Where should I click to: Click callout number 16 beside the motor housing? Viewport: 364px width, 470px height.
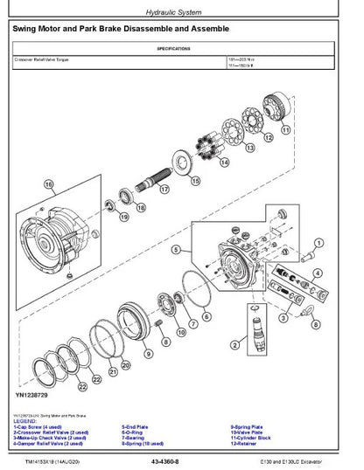(x=49, y=184)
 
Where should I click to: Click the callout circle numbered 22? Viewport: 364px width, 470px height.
(x=83, y=384)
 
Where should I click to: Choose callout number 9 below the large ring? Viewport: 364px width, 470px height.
(x=147, y=353)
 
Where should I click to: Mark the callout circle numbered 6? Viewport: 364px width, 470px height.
(x=206, y=316)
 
